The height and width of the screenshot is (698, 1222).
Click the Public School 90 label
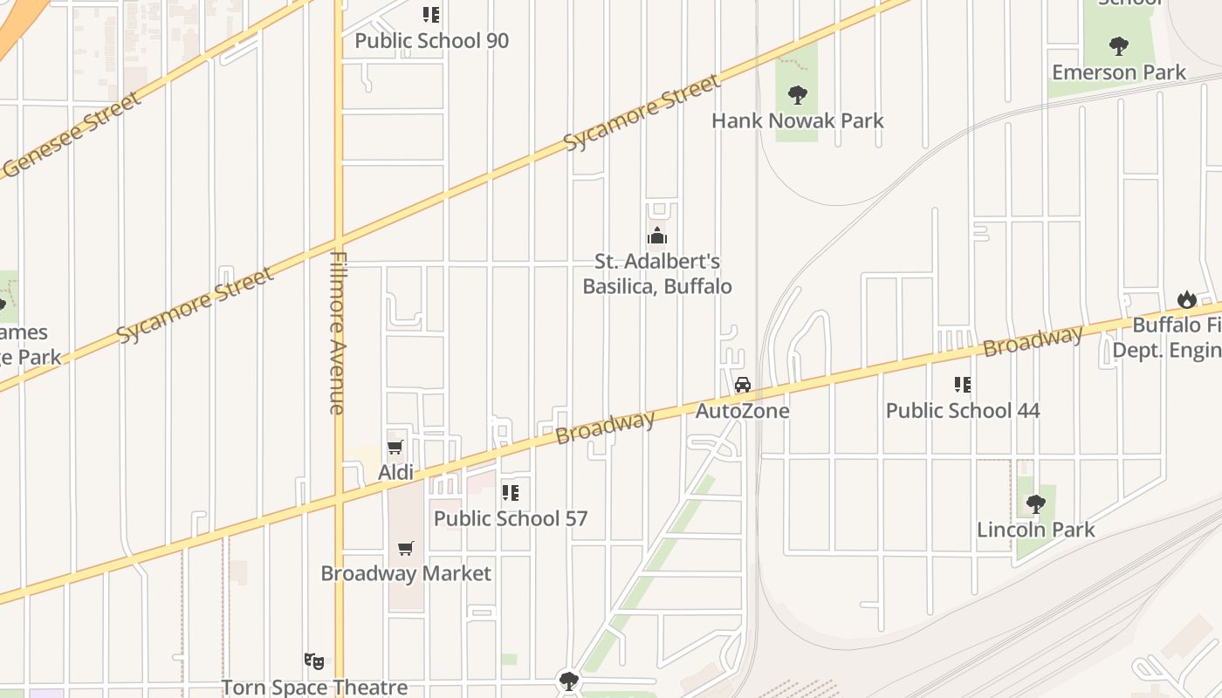[x=431, y=41]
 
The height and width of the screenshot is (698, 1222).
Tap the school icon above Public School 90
[x=431, y=15]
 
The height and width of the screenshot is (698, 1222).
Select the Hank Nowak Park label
[x=797, y=120]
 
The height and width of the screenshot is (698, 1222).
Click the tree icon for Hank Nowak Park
[x=797, y=94]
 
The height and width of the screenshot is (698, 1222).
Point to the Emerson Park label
[x=1118, y=72]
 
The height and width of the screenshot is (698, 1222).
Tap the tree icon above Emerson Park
[x=1118, y=45]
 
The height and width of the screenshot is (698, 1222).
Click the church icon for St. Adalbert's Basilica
[x=656, y=236]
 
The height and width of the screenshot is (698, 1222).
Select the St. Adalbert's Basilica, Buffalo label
[x=656, y=273]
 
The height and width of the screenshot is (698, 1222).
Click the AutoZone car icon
[x=743, y=385]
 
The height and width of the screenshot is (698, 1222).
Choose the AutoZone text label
[x=742, y=411]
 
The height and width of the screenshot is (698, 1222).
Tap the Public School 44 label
[x=963, y=410]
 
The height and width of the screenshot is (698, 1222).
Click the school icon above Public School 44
[x=963, y=384]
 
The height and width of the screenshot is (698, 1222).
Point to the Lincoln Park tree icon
[x=1035, y=503]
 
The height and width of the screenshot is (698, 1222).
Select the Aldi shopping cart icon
[x=395, y=448]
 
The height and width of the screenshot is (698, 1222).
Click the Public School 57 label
[x=511, y=518]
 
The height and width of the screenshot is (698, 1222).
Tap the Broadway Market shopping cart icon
[x=406, y=548]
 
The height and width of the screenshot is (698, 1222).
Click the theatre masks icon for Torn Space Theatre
[x=314, y=661]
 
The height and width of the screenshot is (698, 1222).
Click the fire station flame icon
[x=1186, y=299]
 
